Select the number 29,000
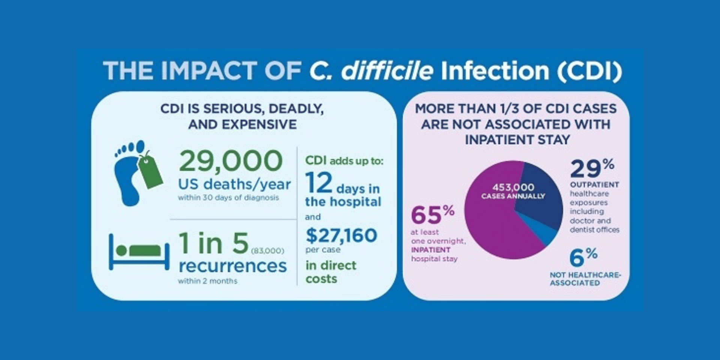point(230,161)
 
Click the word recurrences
point(232,266)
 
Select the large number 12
point(318,183)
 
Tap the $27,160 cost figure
point(341,235)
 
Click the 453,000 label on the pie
point(513,187)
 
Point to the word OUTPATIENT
point(594,184)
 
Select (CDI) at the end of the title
point(589,70)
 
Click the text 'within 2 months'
point(207,281)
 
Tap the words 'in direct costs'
point(330,272)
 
